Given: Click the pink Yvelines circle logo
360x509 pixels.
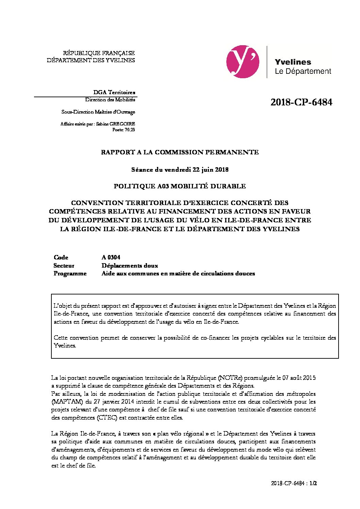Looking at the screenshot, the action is [x=243, y=62].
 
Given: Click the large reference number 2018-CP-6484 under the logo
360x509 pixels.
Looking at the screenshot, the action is [x=301, y=102].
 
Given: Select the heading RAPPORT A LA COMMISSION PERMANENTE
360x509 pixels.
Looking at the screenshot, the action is [x=180, y=152].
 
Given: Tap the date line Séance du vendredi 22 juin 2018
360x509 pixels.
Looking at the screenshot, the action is [x=180, y=169].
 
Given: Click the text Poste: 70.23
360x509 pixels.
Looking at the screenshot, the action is [x=124, y=130].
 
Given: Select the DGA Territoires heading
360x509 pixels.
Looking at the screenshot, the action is [x=114, y=92].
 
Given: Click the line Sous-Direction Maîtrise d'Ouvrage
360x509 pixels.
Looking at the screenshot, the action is [x=98, y=112].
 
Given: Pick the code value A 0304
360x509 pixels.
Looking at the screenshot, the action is [x=111, y=257].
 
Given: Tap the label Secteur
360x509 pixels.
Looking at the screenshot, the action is [x=64, y=266].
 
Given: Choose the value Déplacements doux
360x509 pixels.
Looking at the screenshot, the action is [x=130, y=266].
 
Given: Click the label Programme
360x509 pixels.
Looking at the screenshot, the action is [x=70, y=273].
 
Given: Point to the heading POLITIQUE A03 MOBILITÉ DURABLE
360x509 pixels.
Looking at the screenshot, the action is [x=180, y=186].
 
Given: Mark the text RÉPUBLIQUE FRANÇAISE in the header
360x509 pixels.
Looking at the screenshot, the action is [x=99, y=53].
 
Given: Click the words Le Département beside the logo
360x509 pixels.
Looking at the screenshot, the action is [x=303, y=71].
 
